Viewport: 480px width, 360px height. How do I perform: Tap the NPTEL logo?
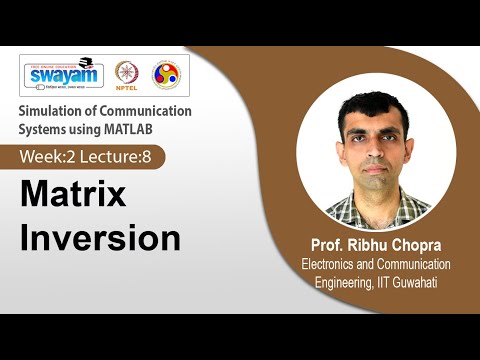127,74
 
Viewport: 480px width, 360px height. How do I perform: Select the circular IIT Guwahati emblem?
165,74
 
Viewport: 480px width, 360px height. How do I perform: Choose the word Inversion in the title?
101,238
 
